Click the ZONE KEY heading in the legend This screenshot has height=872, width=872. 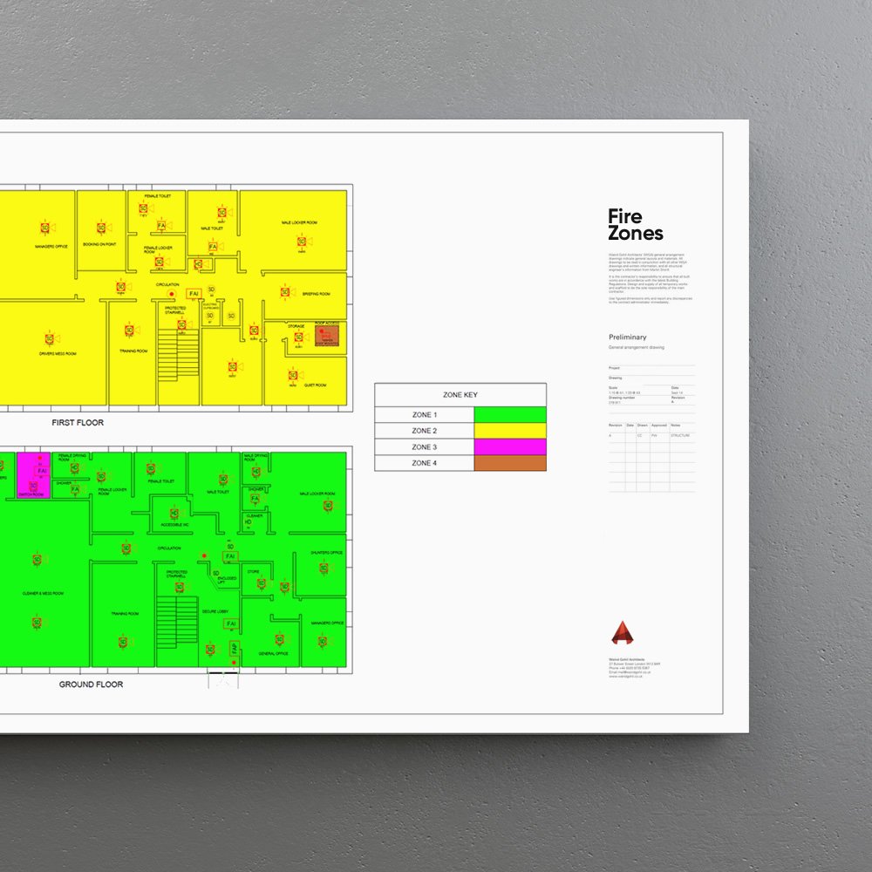tap(460, 395)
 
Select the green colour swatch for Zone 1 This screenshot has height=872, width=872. tap(509, 415)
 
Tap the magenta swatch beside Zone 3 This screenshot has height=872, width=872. tap(509, 446)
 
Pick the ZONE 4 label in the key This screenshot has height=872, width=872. tap(425, 463)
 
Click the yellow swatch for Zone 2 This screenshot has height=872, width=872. tap(509, 431)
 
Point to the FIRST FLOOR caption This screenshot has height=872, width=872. tap(78, 423)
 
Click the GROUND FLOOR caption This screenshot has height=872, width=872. tap(91, 685)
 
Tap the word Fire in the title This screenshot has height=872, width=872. tap(625, 217)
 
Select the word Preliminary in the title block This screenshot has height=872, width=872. tap(628, 337)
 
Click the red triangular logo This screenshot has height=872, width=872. tap(622, 633)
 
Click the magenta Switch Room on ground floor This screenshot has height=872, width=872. tap(34, 473)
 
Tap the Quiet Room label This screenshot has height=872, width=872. tap(316, 385)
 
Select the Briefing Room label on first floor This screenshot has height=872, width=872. tap(316, 294)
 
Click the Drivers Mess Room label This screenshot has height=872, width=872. tap(58, 354)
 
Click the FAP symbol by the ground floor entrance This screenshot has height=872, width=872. tap(234, 649)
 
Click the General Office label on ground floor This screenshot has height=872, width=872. tap(273, 654)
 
